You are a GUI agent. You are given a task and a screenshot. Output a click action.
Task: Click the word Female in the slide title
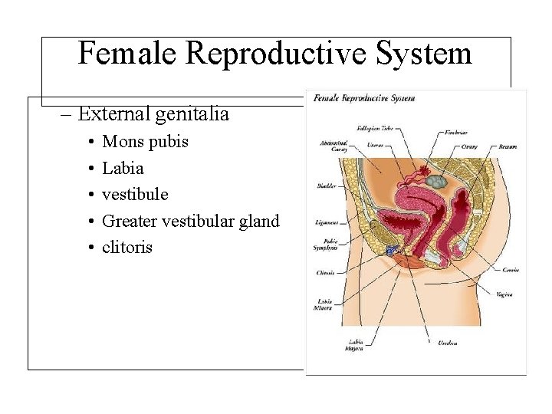(x=127, y=54)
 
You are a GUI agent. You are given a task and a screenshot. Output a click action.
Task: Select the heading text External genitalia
(x=153, y=114)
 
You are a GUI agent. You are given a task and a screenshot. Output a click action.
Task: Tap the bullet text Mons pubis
(x=145, y=142)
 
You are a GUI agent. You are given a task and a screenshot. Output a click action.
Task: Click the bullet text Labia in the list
(x=123, y=168)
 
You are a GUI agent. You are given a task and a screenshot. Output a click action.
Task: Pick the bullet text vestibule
(x=135, y=194)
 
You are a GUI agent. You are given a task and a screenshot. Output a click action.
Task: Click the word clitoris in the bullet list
(x=127, y=247)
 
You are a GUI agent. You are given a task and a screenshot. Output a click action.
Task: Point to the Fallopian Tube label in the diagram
(x=374, y=127)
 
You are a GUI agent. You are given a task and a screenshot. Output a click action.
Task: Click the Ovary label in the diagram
(x=469, y=146)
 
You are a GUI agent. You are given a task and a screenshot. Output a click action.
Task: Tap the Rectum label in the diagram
(x=507, y=146)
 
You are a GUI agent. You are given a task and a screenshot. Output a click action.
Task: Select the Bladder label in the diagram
(x=326, y=186)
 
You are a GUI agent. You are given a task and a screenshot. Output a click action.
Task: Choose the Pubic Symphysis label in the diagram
(x=325, y=245)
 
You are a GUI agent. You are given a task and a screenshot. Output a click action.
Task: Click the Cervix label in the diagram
(x=511, y=270)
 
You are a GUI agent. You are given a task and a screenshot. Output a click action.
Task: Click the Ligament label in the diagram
(x=326, y=223)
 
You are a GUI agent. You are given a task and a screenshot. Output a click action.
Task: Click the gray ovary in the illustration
(x=435, y=182)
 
